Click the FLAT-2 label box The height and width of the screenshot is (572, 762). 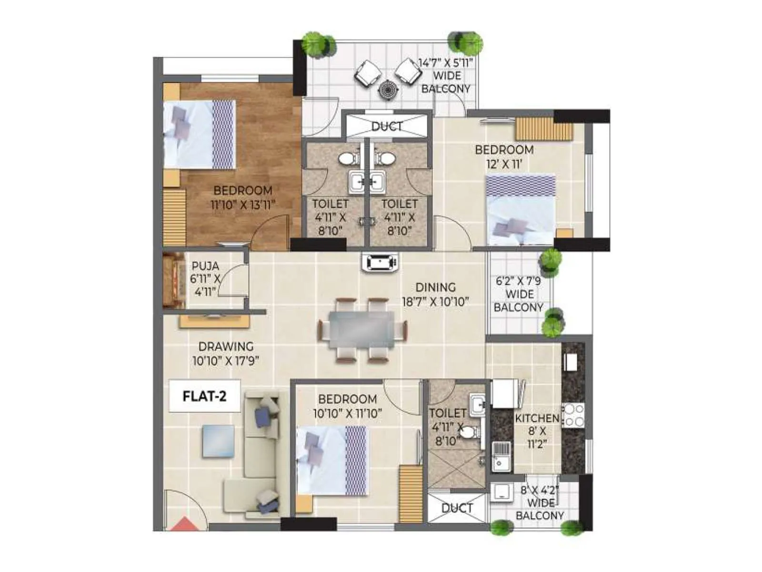[x=205, y=396]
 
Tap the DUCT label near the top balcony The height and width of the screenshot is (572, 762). [x=387, y=126]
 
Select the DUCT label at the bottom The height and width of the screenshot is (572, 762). [x=457, y=508]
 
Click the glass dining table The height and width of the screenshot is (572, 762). [x=362, y=329]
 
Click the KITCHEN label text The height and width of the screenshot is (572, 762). [x=537, y=418]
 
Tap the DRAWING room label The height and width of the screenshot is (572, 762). [x=226, y=347]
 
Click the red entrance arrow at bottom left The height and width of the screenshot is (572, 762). [x=185, y=525]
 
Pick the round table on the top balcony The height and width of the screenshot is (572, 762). [x=388, y=89]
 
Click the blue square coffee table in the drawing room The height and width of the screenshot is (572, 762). [x=218, y=441]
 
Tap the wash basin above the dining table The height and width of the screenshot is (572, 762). [x=380, y=263]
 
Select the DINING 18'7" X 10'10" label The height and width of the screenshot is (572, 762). [x=435, y=294]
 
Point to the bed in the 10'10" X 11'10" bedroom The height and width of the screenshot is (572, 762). [x=332, y=460]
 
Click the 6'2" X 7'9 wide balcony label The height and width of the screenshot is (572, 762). [x=518, y=294]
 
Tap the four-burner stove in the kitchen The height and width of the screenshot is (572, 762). [x=573, y=415]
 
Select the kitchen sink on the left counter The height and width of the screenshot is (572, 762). [x=500, y=455]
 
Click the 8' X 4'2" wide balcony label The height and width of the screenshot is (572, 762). [x=540, y=502]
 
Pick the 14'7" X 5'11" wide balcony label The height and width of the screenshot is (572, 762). [x=445, y=76]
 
